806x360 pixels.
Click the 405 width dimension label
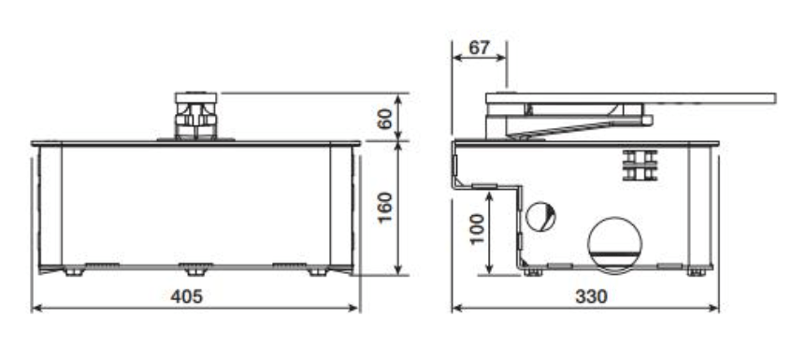(x=187, y=296)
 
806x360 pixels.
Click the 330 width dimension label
(x=591, y=296)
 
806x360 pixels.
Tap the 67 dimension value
(x=479, y=48)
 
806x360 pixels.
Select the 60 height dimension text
(x=384, y=119)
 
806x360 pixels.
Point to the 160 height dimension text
(x=384, y=207)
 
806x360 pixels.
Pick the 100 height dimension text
(x=477, y=229)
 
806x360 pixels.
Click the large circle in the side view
(x=614, y=244)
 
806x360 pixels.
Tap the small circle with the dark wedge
(x=540, y=217)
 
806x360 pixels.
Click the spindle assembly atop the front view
(x=195, y=116)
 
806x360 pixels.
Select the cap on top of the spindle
(x=195, y=97)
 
